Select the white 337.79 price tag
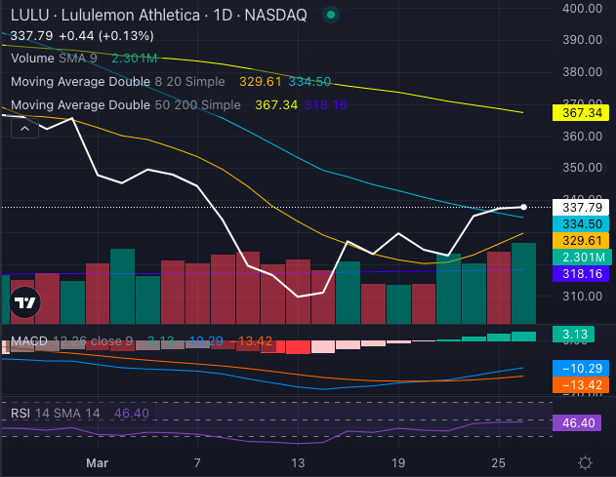point(580,207)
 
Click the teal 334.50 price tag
point(580,223)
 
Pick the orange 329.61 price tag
point(580,240)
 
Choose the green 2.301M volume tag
point(580,257)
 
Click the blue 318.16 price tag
point(580,274)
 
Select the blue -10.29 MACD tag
point(580,368)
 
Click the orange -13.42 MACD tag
point(580,384)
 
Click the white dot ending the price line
point(524,207)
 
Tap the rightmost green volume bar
point(523,283)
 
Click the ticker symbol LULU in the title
point(26,15)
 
